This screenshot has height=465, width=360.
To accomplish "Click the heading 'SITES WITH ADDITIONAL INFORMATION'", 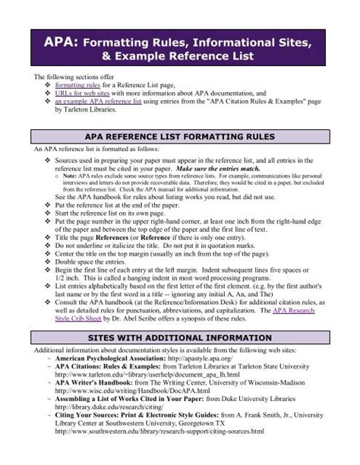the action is pos(180,337).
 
